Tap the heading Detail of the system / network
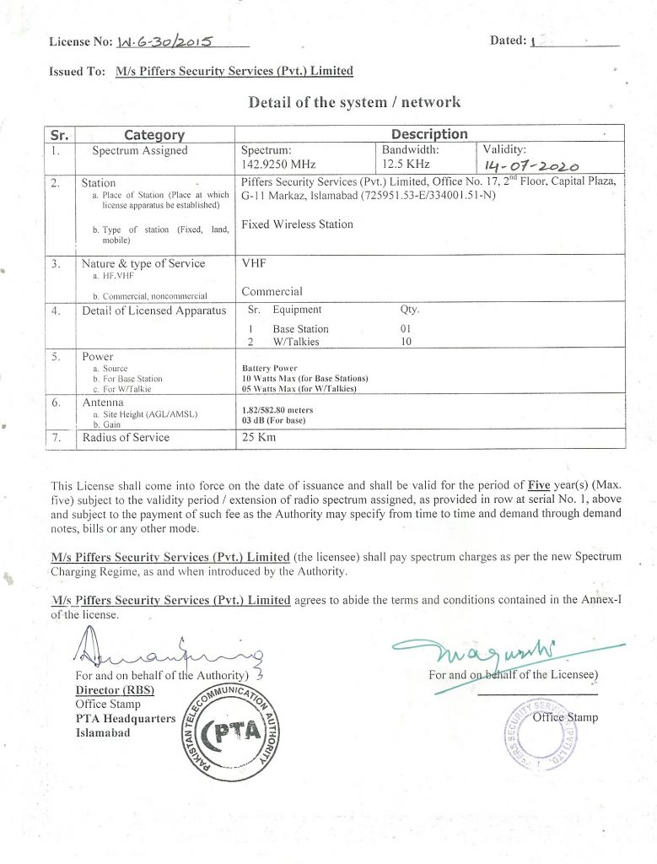point(354,102)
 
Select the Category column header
point(154,134)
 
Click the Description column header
point(428,133)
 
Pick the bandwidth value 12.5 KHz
point(409,165)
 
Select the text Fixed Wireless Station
point(297,224)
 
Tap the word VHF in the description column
point(253,263)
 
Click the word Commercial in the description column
point(272,292)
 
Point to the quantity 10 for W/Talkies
point(406,342)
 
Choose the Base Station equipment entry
point(300,329)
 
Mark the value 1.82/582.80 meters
point(277,410)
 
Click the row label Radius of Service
point(125,437)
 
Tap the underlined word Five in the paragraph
point(539,485)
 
